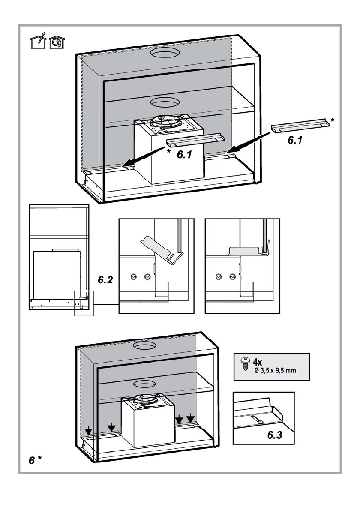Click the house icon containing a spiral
coord(55,42)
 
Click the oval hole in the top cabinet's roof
coord(164,54)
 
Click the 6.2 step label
coord(105,281)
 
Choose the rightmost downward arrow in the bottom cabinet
coord(191,419)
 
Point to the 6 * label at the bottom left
coord(35,460)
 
